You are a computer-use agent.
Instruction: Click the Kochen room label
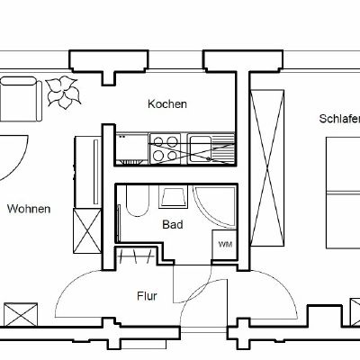click(x=167, y=104)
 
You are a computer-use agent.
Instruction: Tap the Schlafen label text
click(x=338, y=119)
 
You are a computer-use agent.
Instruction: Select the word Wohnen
click(x=29, y=209)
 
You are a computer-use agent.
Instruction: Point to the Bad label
click(x=173, y=224)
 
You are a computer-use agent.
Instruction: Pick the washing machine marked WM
click(x=222, y=242)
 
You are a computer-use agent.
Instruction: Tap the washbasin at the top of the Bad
click(x=171, y=197)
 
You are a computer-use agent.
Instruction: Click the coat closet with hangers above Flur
click(x=135, y=260)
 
